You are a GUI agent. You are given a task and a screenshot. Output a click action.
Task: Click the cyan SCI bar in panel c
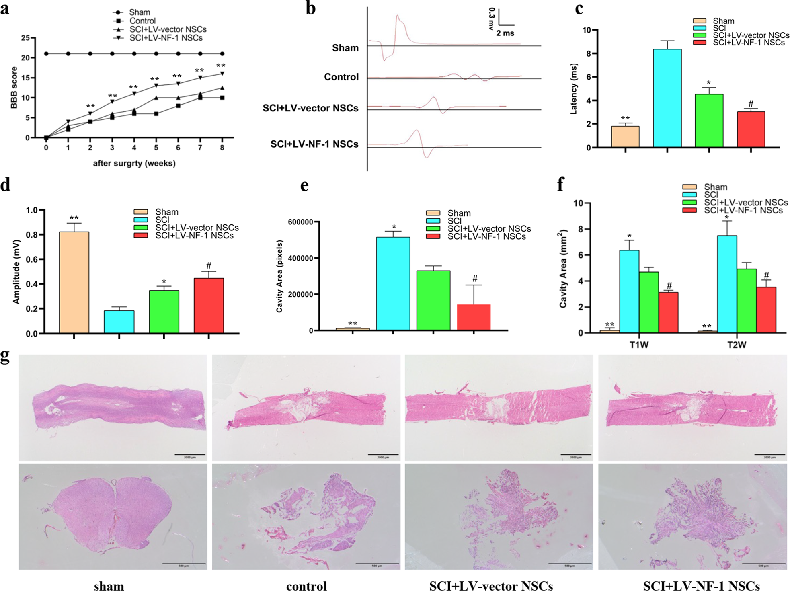click(667, 98)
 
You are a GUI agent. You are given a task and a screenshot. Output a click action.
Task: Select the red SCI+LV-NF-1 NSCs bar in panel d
click(209, 306)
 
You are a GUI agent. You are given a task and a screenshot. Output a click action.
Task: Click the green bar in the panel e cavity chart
click(433, 300)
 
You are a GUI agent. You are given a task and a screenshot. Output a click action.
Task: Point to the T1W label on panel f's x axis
click(639, 345)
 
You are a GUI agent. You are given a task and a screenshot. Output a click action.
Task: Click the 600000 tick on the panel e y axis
click(301, 222)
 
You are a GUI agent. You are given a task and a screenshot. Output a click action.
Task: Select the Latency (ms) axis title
click(574, 89)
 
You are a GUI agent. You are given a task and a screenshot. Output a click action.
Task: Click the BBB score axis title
click(14, 88)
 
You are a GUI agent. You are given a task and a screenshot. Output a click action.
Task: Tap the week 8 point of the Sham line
click(222, 53)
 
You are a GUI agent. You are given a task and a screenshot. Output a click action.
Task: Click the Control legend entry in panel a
click(142, 21)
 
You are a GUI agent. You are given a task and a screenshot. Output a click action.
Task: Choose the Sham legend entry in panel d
click(166, 212)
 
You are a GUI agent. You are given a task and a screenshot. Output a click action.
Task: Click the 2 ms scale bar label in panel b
click(505, 33)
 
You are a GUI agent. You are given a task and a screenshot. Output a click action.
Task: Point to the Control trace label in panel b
click(341, 77)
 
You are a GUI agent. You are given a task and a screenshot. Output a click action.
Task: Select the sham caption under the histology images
click(109, 586)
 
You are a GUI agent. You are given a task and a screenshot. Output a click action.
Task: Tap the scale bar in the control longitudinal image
click(383, 455)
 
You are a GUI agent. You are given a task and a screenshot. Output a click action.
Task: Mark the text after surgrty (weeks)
click(134, 163)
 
